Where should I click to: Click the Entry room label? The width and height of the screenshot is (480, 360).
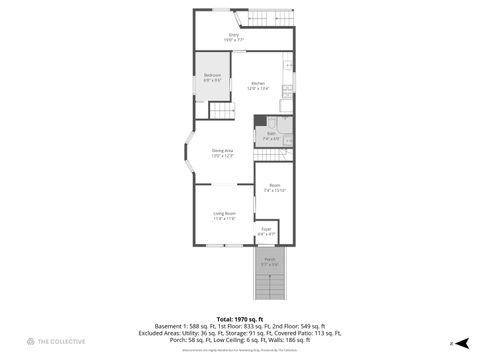click(x=234, y=36)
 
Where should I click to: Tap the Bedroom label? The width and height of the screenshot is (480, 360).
click(x=213, y=77)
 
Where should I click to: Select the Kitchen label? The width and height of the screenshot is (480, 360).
click(x=258, y=85)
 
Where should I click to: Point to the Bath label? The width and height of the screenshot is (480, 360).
click(x=271, y=135)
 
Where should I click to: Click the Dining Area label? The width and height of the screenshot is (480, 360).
click(x=222, y=153)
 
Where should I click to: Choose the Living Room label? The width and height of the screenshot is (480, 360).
click(x=223, y=215)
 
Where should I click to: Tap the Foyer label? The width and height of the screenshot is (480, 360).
click(x=266, y=231)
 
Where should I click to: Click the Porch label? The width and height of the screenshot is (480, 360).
click(x=270, y=261)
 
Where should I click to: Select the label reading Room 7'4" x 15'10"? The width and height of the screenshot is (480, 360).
click(x=275, y=187)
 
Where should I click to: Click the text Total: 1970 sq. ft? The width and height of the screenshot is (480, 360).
click(x=240, y=317)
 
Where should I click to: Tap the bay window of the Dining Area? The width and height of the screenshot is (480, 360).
click(x=187, y=152)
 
